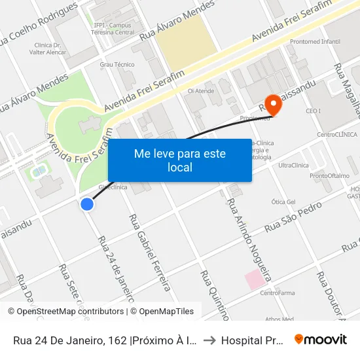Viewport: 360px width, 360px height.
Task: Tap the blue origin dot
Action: coord(86,204)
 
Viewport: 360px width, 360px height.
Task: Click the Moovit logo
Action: coord(321,339)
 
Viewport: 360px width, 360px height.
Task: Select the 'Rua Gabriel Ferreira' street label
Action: coord(150,252)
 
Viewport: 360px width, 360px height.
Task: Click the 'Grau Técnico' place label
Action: coord(117,64)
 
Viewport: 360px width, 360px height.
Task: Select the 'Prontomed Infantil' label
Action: coord(314,42)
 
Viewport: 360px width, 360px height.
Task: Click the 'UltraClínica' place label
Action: coord(293,165)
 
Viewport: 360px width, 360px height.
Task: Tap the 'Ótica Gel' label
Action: coord(283,202)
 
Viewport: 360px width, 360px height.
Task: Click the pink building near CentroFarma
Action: coord(255,279)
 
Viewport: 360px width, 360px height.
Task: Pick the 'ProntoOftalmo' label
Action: coord(329,175)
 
